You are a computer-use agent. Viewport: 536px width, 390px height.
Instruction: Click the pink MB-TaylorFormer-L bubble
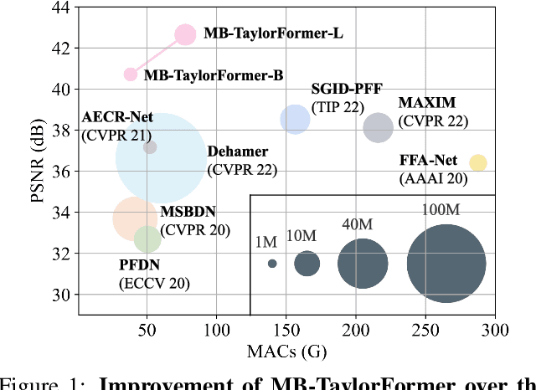(x=186, y=34)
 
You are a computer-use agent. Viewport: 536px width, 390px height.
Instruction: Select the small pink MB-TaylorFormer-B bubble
(x=131, y=74)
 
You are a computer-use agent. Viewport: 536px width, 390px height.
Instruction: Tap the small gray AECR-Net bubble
(x=150, y=147)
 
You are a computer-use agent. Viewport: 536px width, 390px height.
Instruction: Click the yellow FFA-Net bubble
(x=477, y=162)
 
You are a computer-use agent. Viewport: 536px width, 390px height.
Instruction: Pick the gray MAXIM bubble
(x=379, y=127)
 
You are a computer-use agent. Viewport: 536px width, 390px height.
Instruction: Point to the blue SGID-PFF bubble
(x=295, y=120)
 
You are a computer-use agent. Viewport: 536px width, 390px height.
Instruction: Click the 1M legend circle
(x=272, y=264)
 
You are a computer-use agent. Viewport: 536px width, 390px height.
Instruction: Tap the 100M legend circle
(x=446, y=264)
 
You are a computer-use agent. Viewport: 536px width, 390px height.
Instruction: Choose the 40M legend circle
(x=363, y=264)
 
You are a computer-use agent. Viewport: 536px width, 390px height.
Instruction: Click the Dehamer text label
(x=238, y=152)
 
